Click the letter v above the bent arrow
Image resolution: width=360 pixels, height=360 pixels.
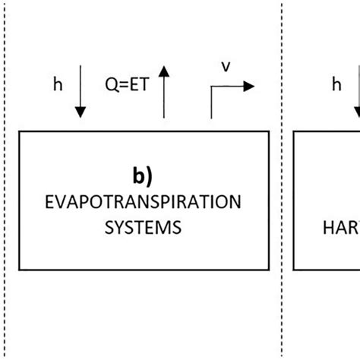[x=225, y=67]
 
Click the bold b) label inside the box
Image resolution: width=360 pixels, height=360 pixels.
[x=142, y=177]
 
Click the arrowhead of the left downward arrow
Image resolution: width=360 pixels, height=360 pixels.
[x=81, y=113]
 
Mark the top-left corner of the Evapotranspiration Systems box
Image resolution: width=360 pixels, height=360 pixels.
[x=17, y=131]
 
